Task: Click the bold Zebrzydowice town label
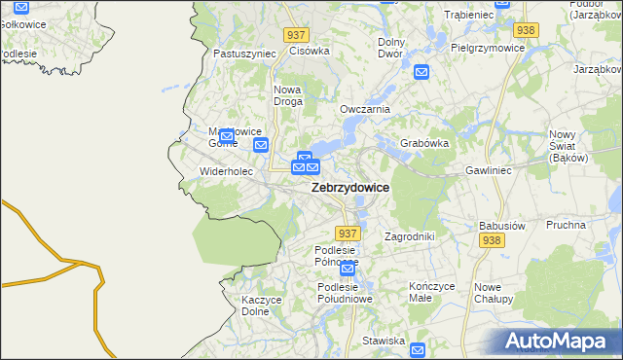click(350, 188)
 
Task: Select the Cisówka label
click(311, 51)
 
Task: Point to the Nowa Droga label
click(287, 95)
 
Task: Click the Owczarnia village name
click(364, 109)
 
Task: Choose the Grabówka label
click(424, 143)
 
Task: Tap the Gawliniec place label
click(489, 169)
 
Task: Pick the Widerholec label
click(226, 171)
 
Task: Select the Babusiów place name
click(502, 226)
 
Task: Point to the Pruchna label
click(566, 224)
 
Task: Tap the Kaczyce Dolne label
click(261, 306)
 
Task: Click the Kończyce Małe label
click(432, 293)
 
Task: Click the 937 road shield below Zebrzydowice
click(348, 234)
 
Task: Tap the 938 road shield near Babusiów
click(491, 240)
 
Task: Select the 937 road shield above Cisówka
click(297, 34)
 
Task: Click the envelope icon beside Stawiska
click(419, 349)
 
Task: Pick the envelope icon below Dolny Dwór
click(421, 71)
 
